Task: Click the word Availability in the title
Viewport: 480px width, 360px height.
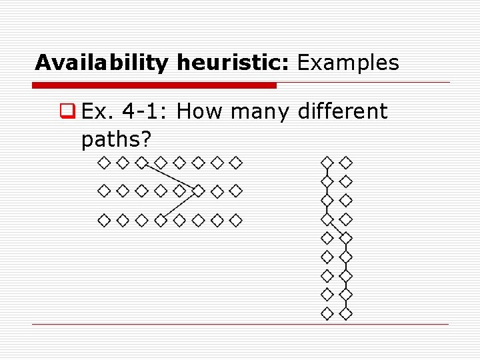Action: pos(103,63)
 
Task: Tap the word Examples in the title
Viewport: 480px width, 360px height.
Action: pos(348,63)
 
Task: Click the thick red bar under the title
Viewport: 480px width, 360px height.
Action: pos(155,85)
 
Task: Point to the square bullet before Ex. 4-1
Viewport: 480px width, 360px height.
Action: pos(65,111)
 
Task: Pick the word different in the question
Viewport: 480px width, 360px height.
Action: pos(342,111)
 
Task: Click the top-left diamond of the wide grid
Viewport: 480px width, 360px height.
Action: pos(104,162)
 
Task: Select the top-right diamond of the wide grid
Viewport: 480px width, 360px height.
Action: pos(236,162)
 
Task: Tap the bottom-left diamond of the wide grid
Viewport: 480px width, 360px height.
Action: pos(104,219)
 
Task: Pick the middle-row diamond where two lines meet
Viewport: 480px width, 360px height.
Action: pos(198,191)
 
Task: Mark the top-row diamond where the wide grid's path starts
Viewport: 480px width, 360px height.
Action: pos(141,162)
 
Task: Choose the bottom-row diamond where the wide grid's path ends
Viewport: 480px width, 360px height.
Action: pos(161,219)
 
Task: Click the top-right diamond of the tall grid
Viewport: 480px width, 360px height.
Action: pos(346,162)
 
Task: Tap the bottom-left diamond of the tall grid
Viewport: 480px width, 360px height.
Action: pos(327,313)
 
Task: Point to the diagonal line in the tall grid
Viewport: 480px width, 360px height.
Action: pos(337,228)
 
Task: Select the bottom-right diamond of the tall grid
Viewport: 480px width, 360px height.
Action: pos(346,313)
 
